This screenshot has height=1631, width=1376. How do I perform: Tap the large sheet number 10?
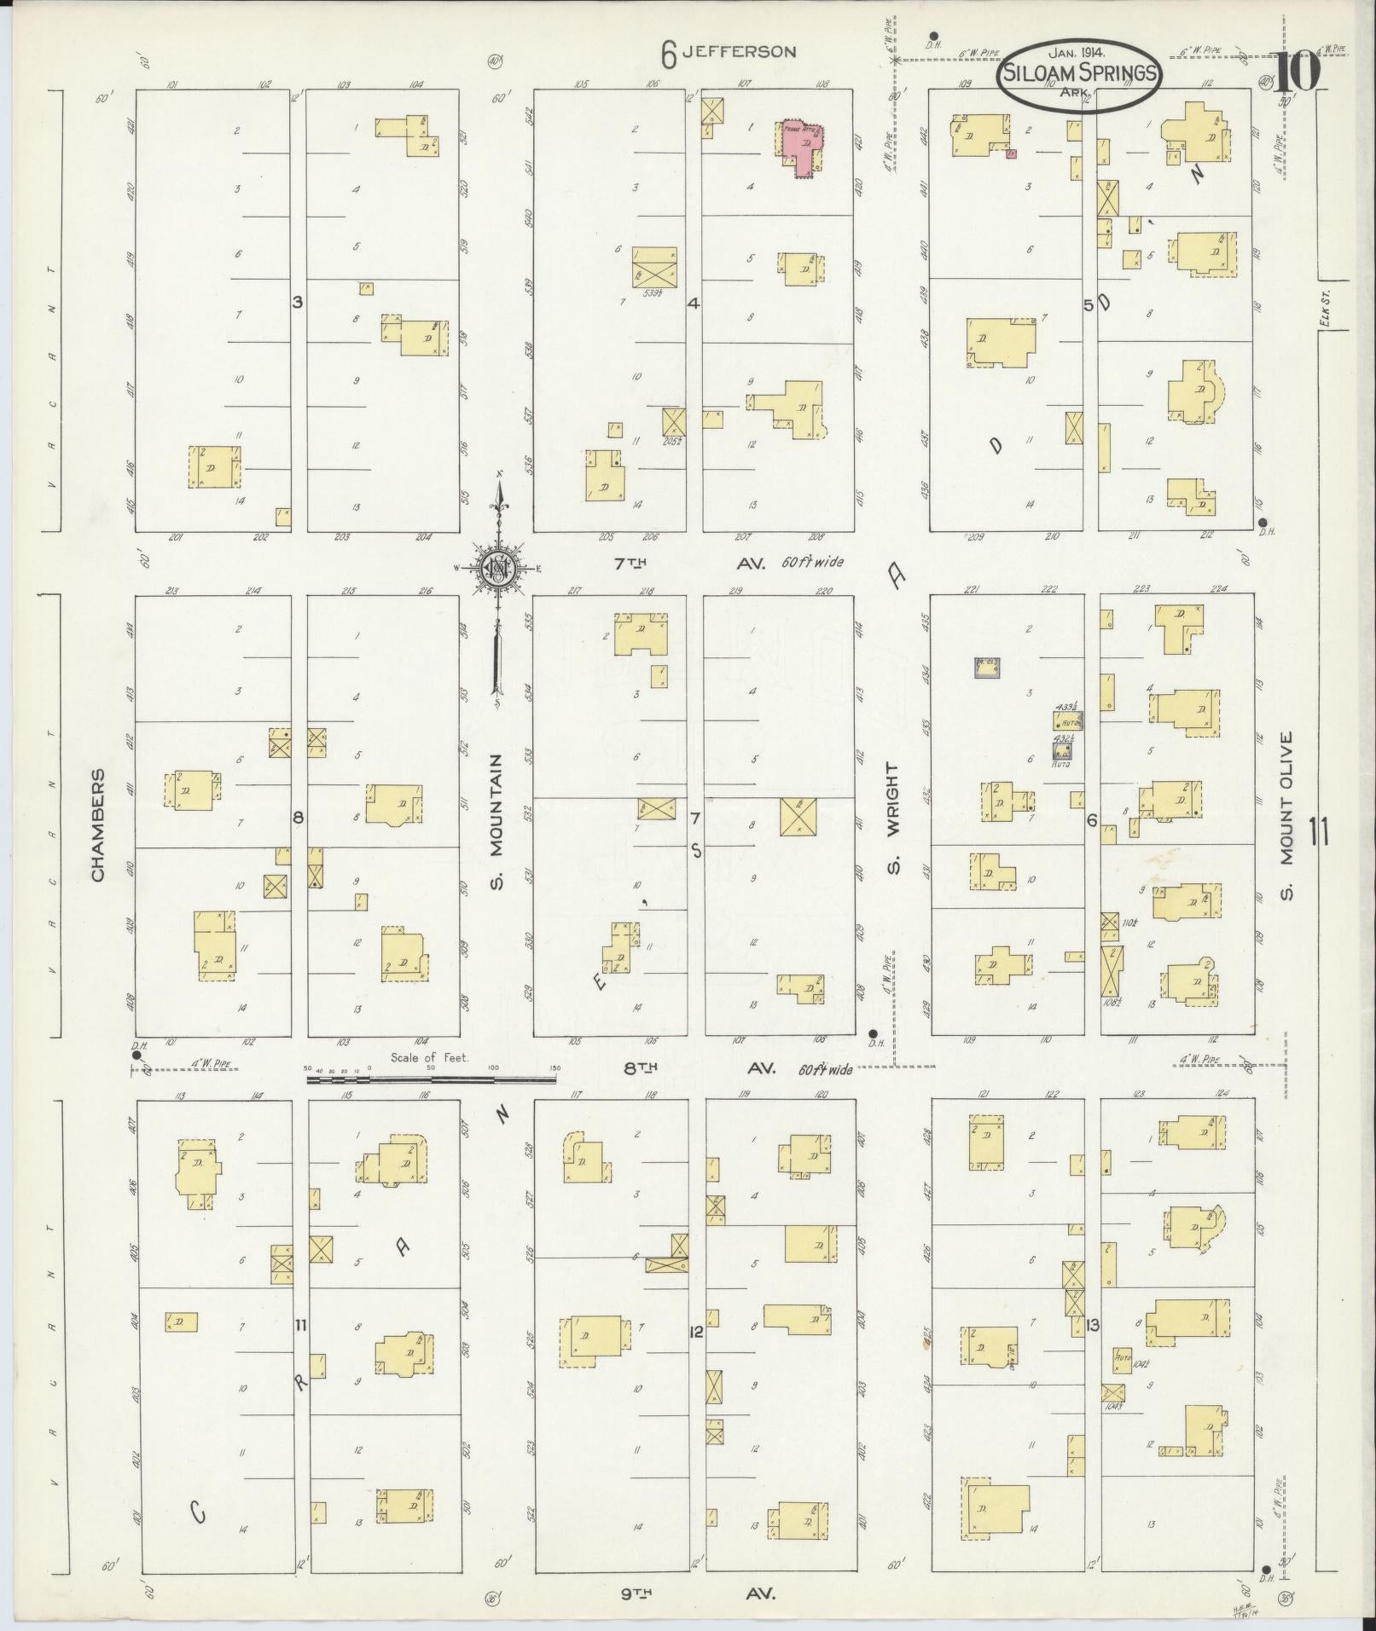pos(1299,72)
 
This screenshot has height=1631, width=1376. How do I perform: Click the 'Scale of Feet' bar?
pos(431,1079)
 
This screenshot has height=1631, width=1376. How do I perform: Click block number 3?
pos(298,302)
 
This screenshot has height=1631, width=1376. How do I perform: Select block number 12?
pos(696,1332)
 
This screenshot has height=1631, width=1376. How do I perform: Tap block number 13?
pos(1093,1324)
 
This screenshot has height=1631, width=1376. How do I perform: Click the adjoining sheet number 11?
pos(1318,830)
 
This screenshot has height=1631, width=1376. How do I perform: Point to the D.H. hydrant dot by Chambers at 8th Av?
pos(136,1056)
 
